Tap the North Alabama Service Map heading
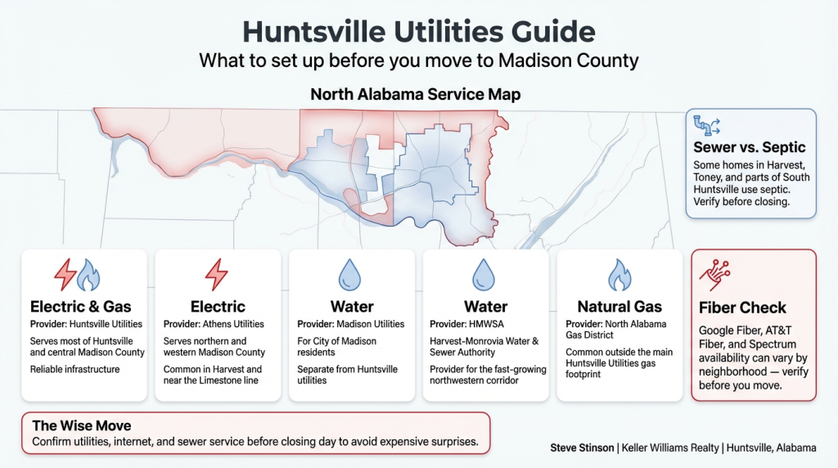[x=416, y=95]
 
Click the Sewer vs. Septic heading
[x=749, y=148]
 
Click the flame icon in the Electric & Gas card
[x=88, y=277]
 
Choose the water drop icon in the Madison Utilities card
[x=351, y=275]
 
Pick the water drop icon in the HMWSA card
[x=485, y=275]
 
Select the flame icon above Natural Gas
[x=619, y=275]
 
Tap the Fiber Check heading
[x=742, y=308]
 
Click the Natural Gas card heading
[x=619, y=307]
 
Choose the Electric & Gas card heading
[x=81, y=307]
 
